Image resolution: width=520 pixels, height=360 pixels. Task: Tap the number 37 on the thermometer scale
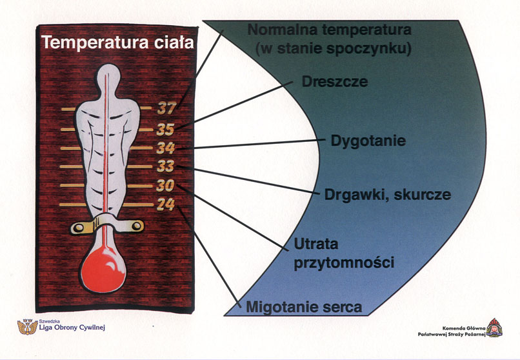pyautogui.click(x=166, y=109)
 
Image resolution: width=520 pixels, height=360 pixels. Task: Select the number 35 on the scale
pyautogui.click(x=166, y=129)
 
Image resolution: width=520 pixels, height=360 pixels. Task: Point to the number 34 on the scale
pyautogui.click(x=166, y=148)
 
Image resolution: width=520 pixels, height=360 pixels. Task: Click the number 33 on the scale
pyautogui.click(x=166, y=166)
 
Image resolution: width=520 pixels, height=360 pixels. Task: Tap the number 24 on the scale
pyautogui.click(x=166, y=205)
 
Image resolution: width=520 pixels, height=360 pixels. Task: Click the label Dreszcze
pyautogui.click(x=335, y=82)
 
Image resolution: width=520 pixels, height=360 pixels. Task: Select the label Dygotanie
pyautogui.click(x=368, y=140)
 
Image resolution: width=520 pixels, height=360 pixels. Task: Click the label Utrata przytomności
pyautogui.click(x=343, y=254)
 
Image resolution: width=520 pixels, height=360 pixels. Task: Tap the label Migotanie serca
pyautogui.click(x=304, y=307)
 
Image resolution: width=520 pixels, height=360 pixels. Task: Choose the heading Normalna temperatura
pyautogui.click(x=329, y=30)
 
